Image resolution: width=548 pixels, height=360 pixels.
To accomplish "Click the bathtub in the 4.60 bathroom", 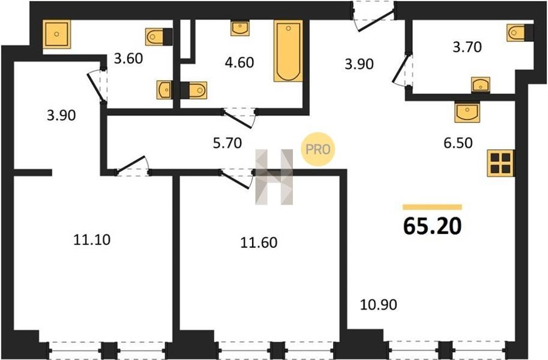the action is click(289, 51).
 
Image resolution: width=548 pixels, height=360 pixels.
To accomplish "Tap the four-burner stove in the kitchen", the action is click(501, 163).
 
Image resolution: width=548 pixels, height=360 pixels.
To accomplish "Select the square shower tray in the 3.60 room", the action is click(57, 34).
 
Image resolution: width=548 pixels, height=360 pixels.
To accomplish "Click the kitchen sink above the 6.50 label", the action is click(467, 112).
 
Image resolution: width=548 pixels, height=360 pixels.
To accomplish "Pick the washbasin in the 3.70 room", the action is click(480, 85).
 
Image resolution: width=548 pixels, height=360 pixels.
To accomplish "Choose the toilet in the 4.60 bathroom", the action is click(194, 91).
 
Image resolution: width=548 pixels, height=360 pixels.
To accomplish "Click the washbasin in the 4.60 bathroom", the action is click(240, 28).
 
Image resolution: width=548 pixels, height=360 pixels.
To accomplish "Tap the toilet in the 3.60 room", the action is click(159, 37).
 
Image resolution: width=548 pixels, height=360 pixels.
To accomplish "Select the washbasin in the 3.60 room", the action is click(164, 90).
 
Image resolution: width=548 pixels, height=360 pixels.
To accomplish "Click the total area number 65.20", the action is click(432, 226).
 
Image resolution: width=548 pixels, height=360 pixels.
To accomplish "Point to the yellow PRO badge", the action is click(318, 149).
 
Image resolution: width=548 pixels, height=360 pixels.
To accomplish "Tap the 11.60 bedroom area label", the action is click(259, 242).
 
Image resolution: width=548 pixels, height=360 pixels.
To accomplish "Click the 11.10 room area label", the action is click(92, 240).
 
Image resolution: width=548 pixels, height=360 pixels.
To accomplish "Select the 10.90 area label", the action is click(379, 305).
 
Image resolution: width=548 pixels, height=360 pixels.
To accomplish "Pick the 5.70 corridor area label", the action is click(227, 143).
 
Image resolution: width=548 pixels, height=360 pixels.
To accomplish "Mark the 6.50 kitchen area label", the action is click(458, 143).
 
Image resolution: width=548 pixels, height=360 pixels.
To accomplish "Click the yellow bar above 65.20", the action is click(432, 207).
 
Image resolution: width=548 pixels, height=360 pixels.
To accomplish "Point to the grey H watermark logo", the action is click(274, 177).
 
